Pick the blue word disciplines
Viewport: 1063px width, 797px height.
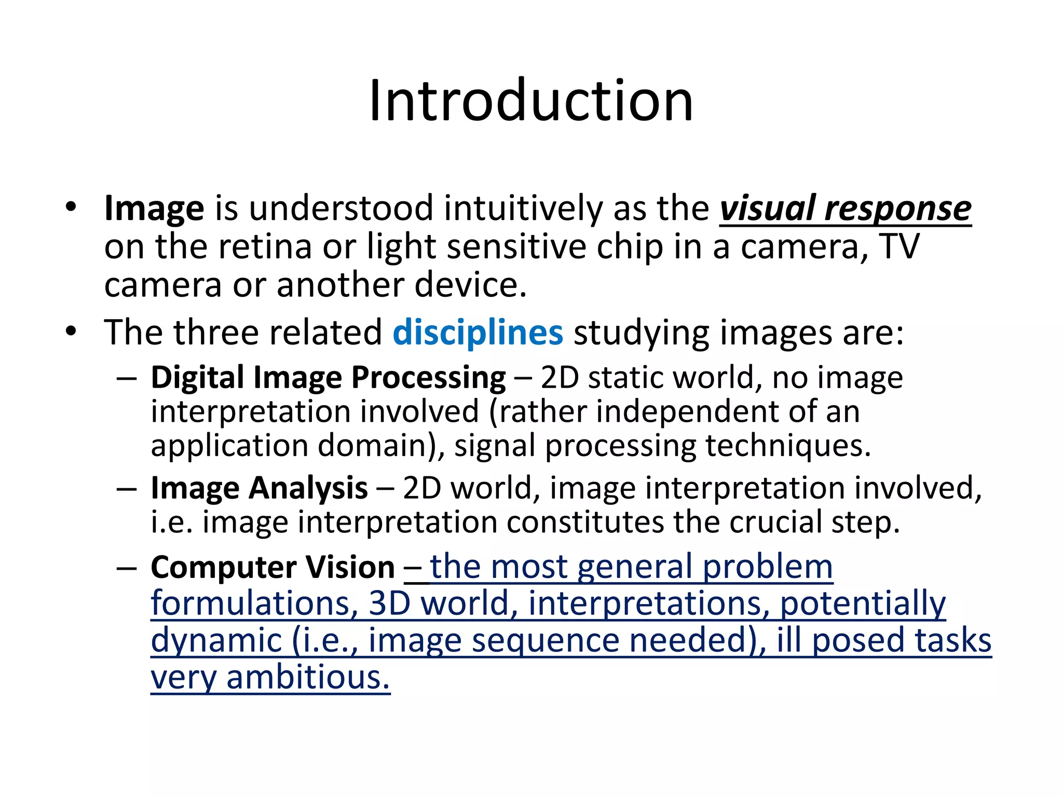coord(478,333)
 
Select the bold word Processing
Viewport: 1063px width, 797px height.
coord(428,378)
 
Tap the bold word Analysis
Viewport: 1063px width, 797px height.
coord(309,489)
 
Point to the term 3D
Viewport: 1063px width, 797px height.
coord(389,603)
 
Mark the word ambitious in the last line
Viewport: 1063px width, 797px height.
coord(308,677)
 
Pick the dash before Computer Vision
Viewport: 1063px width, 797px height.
coord(127,568)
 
